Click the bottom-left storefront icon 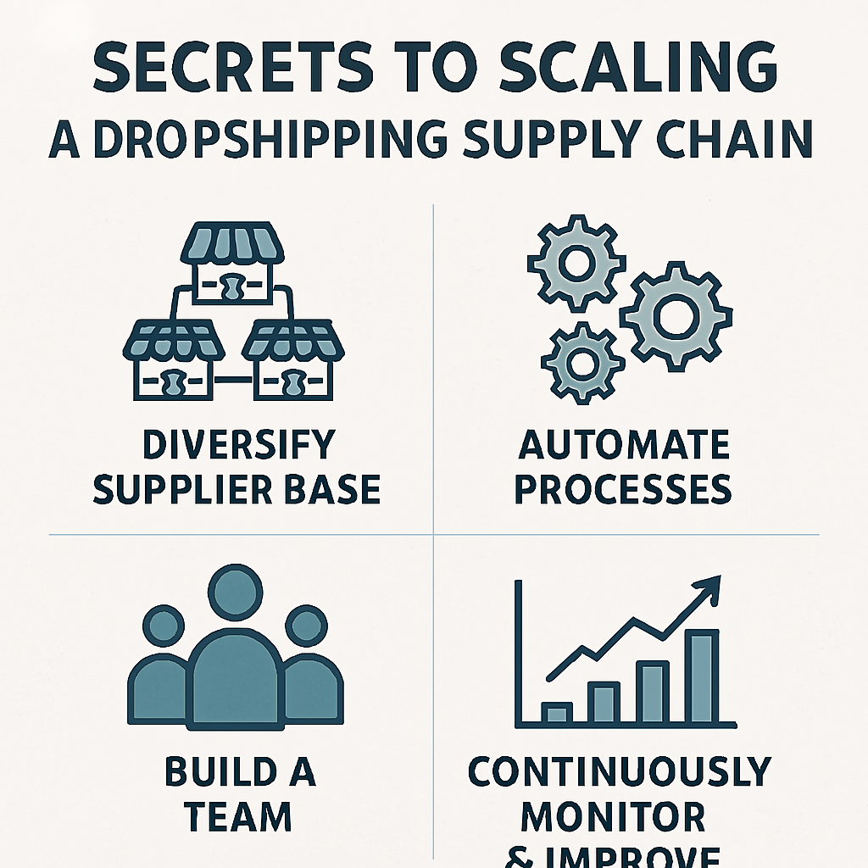coord(174,361)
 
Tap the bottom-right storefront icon coord(293,361)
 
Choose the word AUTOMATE coord(622,445)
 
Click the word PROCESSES coord(623,489)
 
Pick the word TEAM coord(238,817)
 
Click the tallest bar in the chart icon coord(702,676)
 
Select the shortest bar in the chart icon coord(557,713)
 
